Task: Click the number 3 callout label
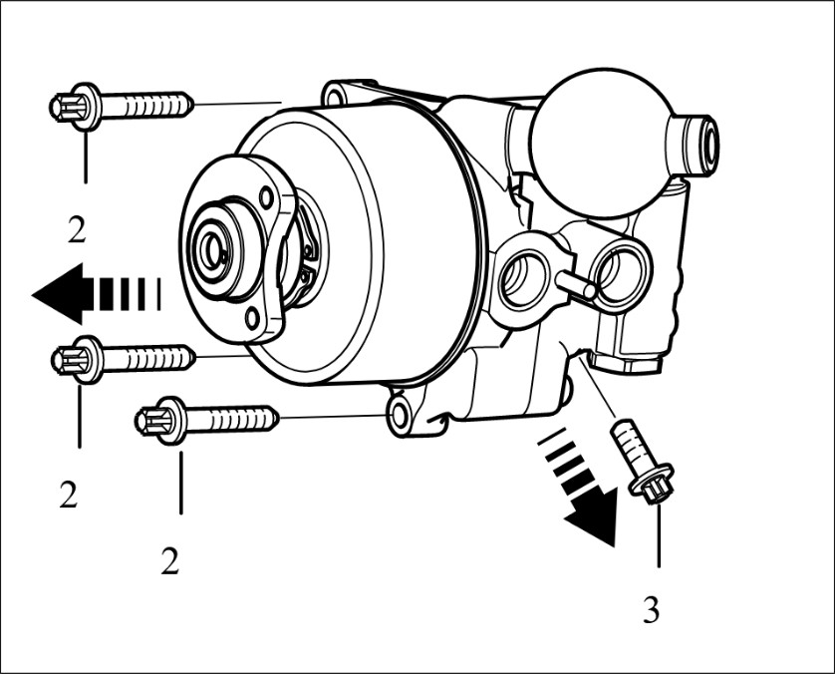click(652, 609)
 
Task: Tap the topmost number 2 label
click(77, 230)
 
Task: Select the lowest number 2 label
click(169, 560)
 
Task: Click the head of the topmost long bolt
click(75, 107)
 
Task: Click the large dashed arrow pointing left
click(97, 293)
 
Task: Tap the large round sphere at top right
click(602, 143)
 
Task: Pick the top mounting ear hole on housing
click(335, 97)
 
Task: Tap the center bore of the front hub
click(214, 251)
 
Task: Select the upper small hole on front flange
click(266, 198)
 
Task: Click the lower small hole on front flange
click(252, 320)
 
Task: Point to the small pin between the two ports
click(576, 283)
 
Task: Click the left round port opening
click(524, 278)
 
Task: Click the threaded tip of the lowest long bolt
click(273, 417)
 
